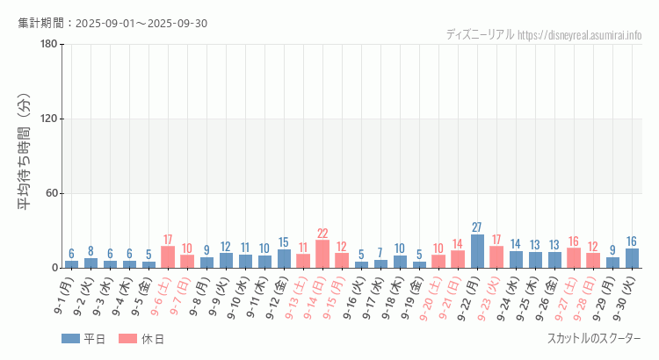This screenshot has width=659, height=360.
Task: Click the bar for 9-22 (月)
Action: coord(477,251)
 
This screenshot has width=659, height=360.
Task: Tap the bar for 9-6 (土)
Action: coord(168,257)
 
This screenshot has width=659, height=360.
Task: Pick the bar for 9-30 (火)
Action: coord(632,258)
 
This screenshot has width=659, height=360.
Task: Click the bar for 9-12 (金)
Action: coord(284,259)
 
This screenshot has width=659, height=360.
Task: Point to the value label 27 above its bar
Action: coord(477,227)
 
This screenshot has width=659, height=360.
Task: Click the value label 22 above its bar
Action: coord(322,234)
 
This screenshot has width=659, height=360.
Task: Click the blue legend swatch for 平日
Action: coord(70,339)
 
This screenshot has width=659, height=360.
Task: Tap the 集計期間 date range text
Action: coord(112,23)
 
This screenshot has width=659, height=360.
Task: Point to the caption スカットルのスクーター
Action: coord(594,339)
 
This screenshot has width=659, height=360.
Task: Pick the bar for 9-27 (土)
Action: coord(574,258)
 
